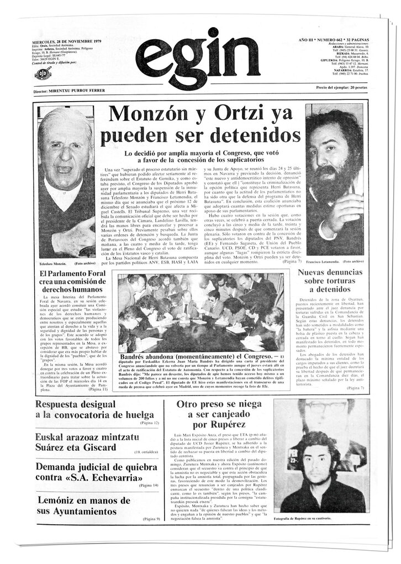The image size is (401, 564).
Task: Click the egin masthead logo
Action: click(x=191, y=59)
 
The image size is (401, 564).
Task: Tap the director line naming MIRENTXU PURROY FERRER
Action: click(x=65, y=90)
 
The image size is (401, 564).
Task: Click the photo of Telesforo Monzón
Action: click(x=66, y=182)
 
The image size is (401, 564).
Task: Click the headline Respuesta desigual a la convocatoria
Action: click(x=94, y=409)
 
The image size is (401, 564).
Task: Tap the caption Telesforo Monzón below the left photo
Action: click(x=55, y=263)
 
